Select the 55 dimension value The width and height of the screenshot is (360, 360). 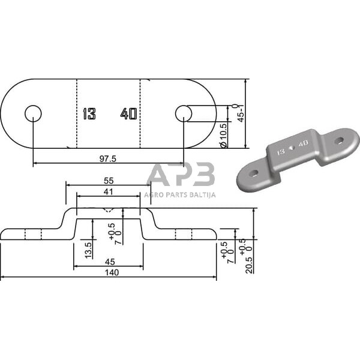109,180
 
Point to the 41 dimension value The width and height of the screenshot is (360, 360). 109,191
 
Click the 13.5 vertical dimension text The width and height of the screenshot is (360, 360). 88,249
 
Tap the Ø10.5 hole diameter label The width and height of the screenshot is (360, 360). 223,135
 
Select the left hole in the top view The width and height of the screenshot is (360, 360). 32,113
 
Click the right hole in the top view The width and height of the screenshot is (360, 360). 183,113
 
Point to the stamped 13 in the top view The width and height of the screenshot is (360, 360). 89,113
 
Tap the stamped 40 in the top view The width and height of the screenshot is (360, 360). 128,113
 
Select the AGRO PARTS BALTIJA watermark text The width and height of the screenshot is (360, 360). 181,194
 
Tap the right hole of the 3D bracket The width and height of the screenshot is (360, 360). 340,142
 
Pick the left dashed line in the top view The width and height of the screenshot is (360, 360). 77,113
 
